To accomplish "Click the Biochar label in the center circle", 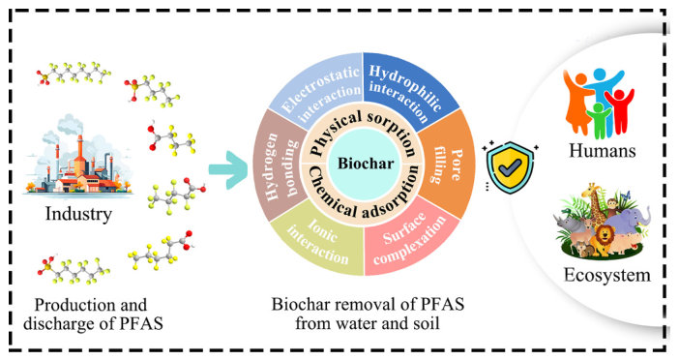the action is (366, 164).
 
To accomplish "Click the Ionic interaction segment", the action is (320, 239).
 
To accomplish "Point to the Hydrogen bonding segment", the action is (280, 165).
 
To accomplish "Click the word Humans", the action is (602, 150).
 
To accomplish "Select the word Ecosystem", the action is (607, 275).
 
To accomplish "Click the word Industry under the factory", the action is (78, 214).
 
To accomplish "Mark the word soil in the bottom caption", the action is (425, 323).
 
